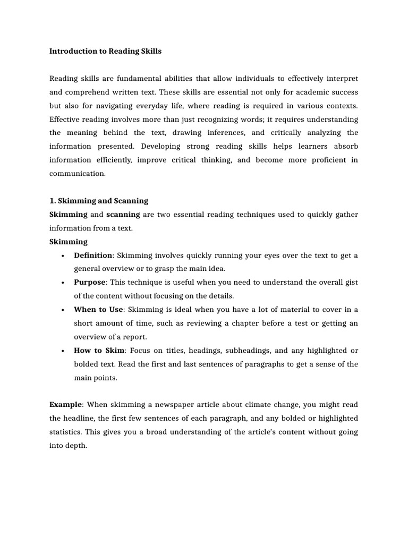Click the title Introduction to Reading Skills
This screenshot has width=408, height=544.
[x=105, y=52]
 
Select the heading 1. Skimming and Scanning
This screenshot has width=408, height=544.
[x=99, y=201]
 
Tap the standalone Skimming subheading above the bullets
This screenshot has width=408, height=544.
[x=69, y=242]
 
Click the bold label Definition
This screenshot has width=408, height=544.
[x=93, y=256]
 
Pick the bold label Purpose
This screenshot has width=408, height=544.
[x=90, y=283]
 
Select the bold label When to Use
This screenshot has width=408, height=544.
[x=98, y=310]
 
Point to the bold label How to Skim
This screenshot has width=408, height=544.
[x=99, y=351]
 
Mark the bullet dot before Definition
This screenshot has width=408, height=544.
[x=63, y=256]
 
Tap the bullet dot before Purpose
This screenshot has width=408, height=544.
[x=63, y=283]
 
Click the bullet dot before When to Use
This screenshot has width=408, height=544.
[x=63, y=310]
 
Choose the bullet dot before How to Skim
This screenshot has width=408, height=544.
[x=63, y=351]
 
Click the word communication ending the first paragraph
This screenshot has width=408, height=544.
[x=78, y=174]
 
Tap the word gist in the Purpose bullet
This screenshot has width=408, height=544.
[x=351, y=283]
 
